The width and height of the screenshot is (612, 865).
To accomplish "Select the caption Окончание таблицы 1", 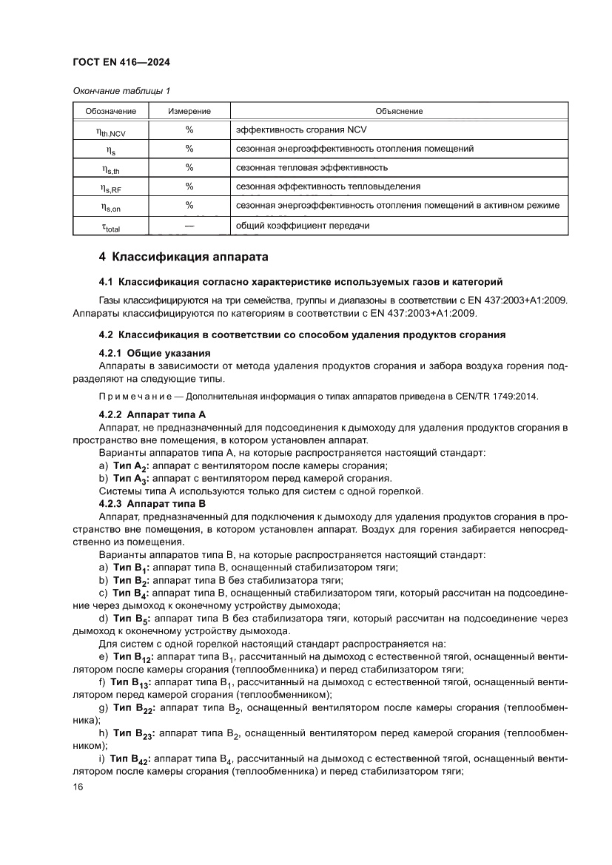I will pos(121,91).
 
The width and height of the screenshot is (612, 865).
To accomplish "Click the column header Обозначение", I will pos(110,111).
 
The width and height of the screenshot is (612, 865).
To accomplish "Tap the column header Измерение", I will pos(189,111).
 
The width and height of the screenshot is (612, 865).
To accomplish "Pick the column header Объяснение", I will pos(399,111).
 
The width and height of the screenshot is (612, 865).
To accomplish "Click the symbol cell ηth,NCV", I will pos(110,130).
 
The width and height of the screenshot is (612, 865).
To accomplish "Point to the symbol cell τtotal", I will pos(110,226).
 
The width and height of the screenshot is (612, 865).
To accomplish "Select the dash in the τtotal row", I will pos(189,225).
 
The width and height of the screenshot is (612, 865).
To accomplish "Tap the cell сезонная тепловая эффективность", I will pos(312,168).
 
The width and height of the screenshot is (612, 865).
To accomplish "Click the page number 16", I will pos(78,787).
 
